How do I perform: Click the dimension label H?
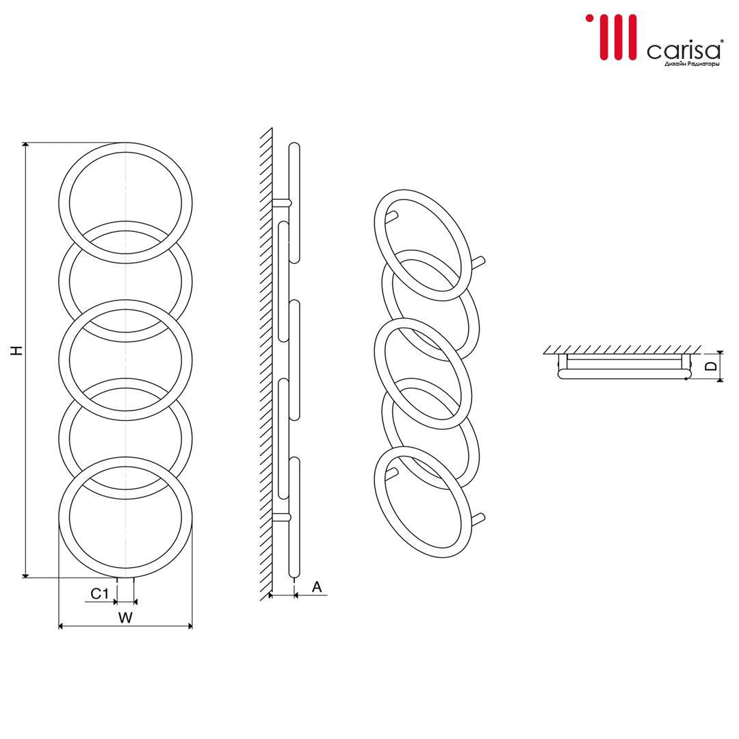(x=17, y=350)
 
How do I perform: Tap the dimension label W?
(x=125, y=617)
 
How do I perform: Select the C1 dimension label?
(x=99, y=593)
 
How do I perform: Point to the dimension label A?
(x=317, y=587)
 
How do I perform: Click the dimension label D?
(x=712, y=365)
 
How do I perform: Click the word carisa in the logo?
(x=684, y=51)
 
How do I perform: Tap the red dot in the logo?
(x=589, y=18)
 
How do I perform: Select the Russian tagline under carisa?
(x=692, y=64)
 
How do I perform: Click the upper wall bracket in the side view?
(x=282, y=203)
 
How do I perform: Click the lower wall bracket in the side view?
(x=282, y=517)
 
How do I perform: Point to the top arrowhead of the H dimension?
(x=26, y=145)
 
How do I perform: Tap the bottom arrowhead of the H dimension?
(x=26, y=574)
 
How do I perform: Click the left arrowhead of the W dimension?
(x=62, y=626)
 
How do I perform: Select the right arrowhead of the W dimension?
(x=190, y=626)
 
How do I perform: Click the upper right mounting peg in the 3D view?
(x=478, y=262)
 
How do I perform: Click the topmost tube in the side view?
(x=294, y=203)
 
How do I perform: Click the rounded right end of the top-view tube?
(x=687, y=374)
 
